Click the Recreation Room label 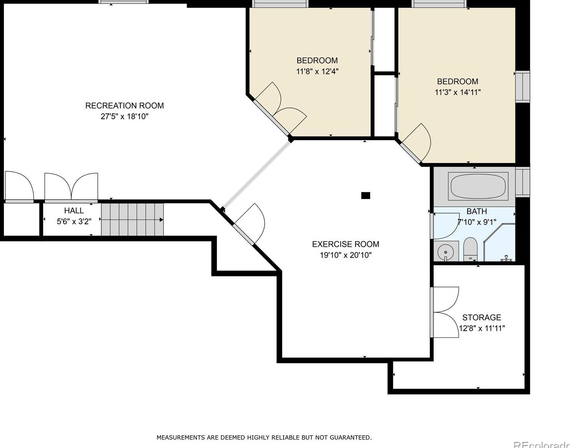point(125,105)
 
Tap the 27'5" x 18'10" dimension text point(125,116)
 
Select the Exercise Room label point(346,244)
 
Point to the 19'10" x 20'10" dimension point(346,255)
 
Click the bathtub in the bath point(478,186)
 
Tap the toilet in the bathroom point(470,249)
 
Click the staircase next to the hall point(132,220)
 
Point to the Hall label point(74,211)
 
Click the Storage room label point(482,317)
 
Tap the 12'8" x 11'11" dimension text point(482,329)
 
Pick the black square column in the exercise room point(365,195)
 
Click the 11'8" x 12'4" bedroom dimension point(317,72)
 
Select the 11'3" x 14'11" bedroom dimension point(458,92)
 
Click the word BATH point(477,211)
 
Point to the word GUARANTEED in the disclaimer point(350,437)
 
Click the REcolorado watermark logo point(542,444)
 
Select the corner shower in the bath point(499,242)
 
